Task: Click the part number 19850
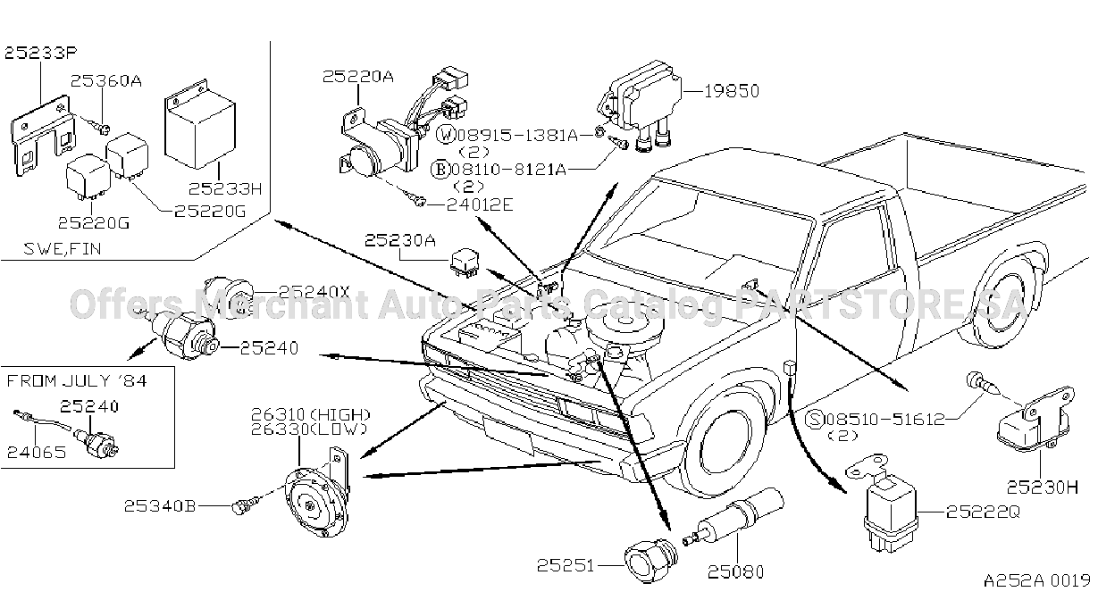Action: pos(732,91)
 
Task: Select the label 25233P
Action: pos(41,53)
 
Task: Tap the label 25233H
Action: pos(226,188)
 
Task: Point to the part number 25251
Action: pos(566,566)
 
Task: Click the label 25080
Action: pos(736,571)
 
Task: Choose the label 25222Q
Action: pos(983,512)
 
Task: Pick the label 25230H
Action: pos(1043,487)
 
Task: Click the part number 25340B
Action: pos(160,506)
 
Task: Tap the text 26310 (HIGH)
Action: pos(311,415)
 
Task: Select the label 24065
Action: pos(37,452)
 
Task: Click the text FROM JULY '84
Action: pos(77,381)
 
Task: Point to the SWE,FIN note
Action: pos(63,249)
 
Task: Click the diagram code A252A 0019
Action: pos(1036,580)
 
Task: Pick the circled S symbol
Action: pos(815,420)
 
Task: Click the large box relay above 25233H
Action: pos(200,129)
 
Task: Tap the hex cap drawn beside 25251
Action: pos(650,561)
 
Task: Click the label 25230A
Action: pos(400,240)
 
